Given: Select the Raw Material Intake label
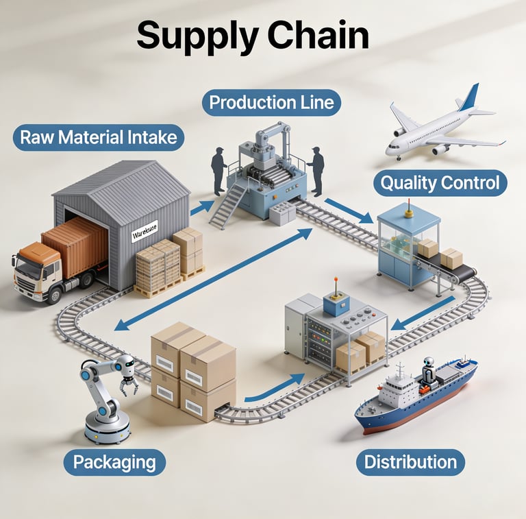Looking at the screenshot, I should click(x=99, y=137).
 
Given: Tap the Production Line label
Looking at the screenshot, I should click(x=271, y=103).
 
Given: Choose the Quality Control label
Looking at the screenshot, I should click(x=440, y=183).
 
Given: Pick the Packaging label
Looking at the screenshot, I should click(x=114, y=461).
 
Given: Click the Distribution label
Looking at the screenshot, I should click(x=410, y=461).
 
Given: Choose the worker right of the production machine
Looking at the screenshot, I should click(x=316, y=171).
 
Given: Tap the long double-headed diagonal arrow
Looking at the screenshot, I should click(x=212, y=280).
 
